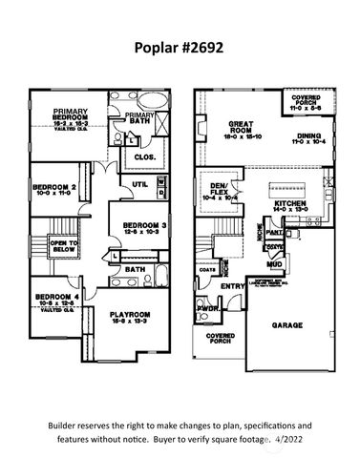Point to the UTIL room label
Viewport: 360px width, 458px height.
[139, 185]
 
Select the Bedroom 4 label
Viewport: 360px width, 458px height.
[53, 298]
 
